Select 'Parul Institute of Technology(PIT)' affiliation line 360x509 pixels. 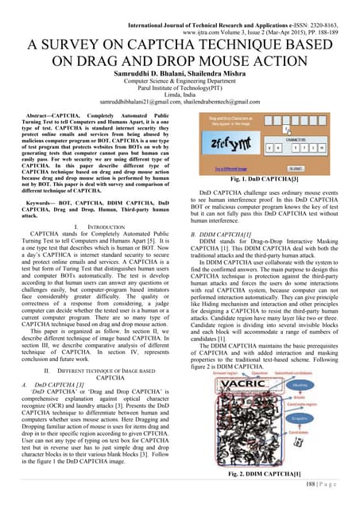(180, 87)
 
